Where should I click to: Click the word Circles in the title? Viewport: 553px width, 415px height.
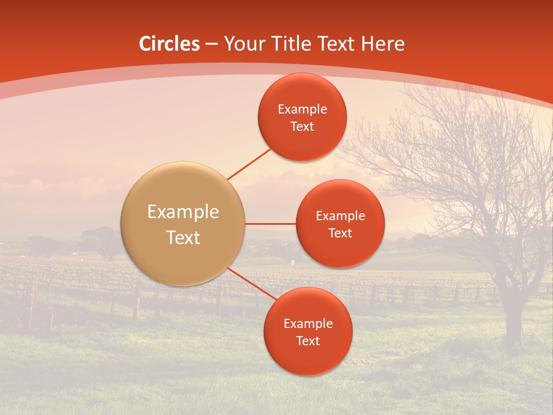169,44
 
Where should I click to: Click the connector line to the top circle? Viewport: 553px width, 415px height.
249,164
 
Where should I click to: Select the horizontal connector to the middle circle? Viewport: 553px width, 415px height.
270,224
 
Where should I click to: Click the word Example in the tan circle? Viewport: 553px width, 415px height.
183,212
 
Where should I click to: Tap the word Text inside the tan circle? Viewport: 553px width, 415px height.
183,237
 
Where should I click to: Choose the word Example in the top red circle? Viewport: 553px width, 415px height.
302,110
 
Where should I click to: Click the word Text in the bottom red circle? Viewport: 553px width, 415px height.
308,341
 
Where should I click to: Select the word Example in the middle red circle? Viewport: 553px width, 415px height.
340,216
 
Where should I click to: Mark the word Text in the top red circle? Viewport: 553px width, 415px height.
302,127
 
